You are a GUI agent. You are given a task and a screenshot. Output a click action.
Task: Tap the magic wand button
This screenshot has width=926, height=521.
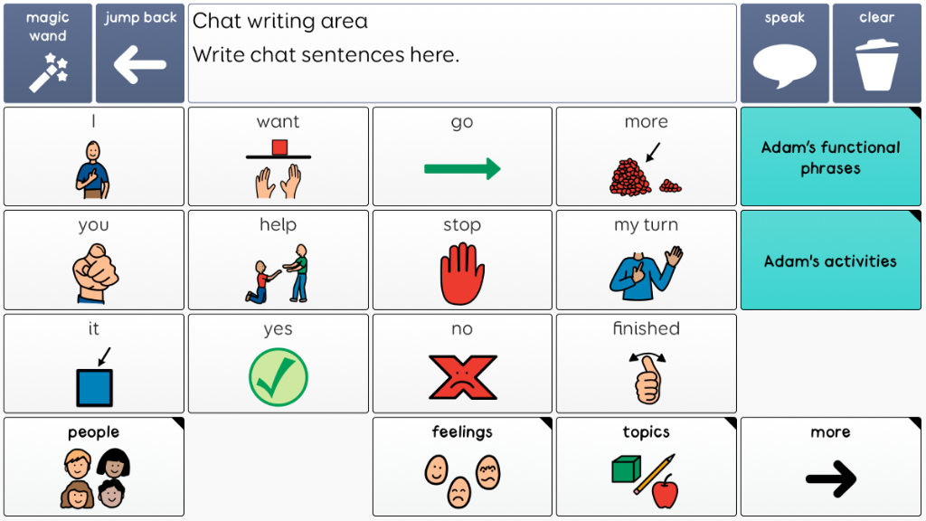(x=48, y=53)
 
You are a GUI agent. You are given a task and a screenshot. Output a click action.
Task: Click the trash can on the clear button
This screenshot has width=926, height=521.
(x=877, y=65)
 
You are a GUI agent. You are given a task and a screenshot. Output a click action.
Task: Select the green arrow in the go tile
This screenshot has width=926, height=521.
(x=462, y=169)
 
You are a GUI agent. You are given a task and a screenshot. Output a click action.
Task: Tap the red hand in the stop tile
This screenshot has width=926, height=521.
(x=462, y=273)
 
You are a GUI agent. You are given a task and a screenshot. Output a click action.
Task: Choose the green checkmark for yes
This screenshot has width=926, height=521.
(x=279, y=377)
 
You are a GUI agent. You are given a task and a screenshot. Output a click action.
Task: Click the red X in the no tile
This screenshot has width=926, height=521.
(x=462, y=377)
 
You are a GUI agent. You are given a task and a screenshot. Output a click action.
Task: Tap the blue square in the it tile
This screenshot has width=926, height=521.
(x=94, y=388)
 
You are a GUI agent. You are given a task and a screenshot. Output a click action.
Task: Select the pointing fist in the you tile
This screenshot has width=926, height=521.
(x=94, y=273)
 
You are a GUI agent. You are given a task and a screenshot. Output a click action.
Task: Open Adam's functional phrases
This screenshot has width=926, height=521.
(x=830, y=156)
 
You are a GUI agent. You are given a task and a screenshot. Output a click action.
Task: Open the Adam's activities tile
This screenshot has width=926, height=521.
(x=830, y=260)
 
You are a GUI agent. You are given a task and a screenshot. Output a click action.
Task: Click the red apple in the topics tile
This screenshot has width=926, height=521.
(x=665, y=491)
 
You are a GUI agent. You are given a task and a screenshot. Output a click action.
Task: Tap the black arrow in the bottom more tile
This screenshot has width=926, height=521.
(x=832, y=479)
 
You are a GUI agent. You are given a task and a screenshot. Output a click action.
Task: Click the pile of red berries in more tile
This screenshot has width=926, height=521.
(x=630, y=177)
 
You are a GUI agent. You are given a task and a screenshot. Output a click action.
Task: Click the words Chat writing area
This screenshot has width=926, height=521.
(x=280, y=22)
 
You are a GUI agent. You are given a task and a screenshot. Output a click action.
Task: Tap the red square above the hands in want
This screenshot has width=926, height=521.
(x=279, y=147)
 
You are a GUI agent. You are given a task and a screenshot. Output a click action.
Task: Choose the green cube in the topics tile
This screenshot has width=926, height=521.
(x=627, y=469)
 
